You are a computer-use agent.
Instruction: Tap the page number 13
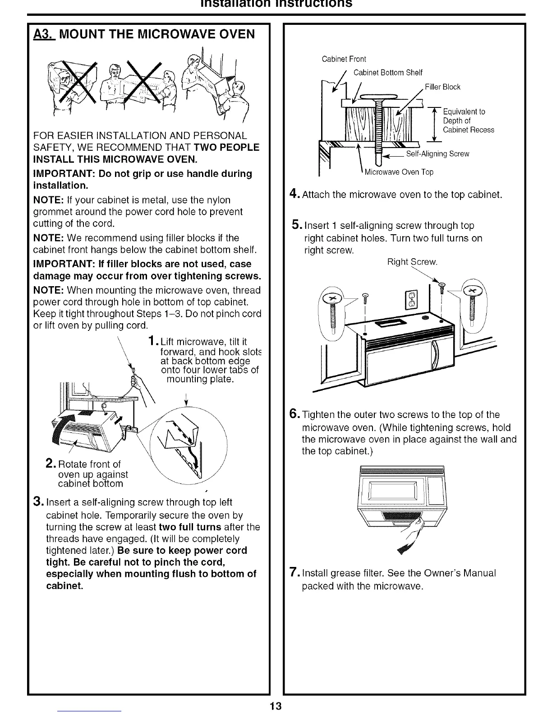point(276,706)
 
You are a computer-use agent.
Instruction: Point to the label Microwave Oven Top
point(399,172)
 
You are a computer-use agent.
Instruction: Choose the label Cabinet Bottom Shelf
point(387,73)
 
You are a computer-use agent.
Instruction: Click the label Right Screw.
point(412,262)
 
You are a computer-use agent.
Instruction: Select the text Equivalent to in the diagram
point(464,112)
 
